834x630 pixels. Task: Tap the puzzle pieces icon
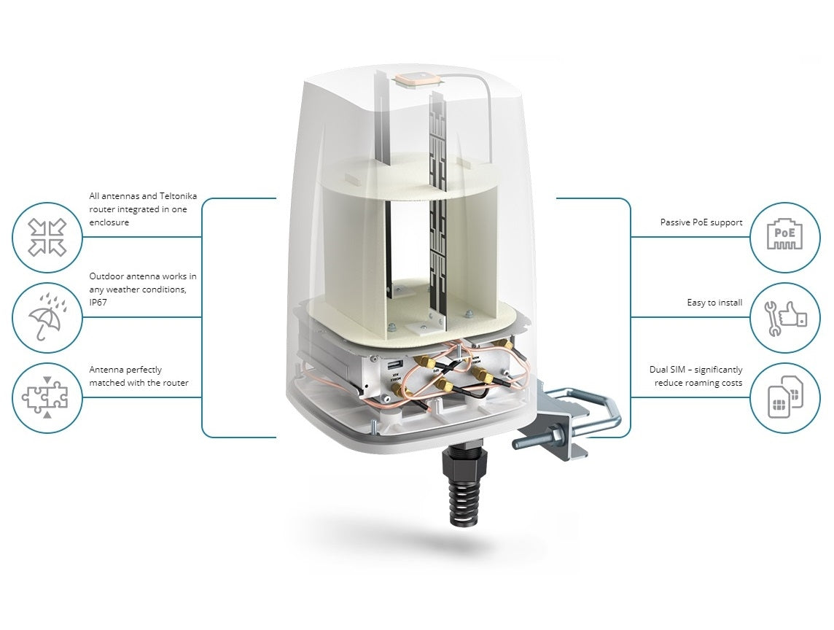click(x=46, y=397)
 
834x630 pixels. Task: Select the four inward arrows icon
click(x=47, y=237)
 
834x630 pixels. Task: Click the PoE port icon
click(x=784, y=234)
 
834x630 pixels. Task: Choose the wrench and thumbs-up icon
click(x=785, y=318)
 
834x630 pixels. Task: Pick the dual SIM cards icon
click(x=786, y=397)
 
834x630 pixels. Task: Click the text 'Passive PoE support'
click(x=701, y=222)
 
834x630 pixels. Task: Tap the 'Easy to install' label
click(x=714, y=302)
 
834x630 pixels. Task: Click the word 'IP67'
click(x=98, y=302)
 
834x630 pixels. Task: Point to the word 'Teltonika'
click(x=178, y=196)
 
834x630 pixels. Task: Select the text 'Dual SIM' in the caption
click(x=667, y=369)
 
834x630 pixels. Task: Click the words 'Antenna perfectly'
click(x=125, y=370)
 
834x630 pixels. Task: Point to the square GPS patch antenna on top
click(x=415, y=79)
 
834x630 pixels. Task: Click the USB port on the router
click(x=394, y=365)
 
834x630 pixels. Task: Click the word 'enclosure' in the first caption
click(x=109, y=222)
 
